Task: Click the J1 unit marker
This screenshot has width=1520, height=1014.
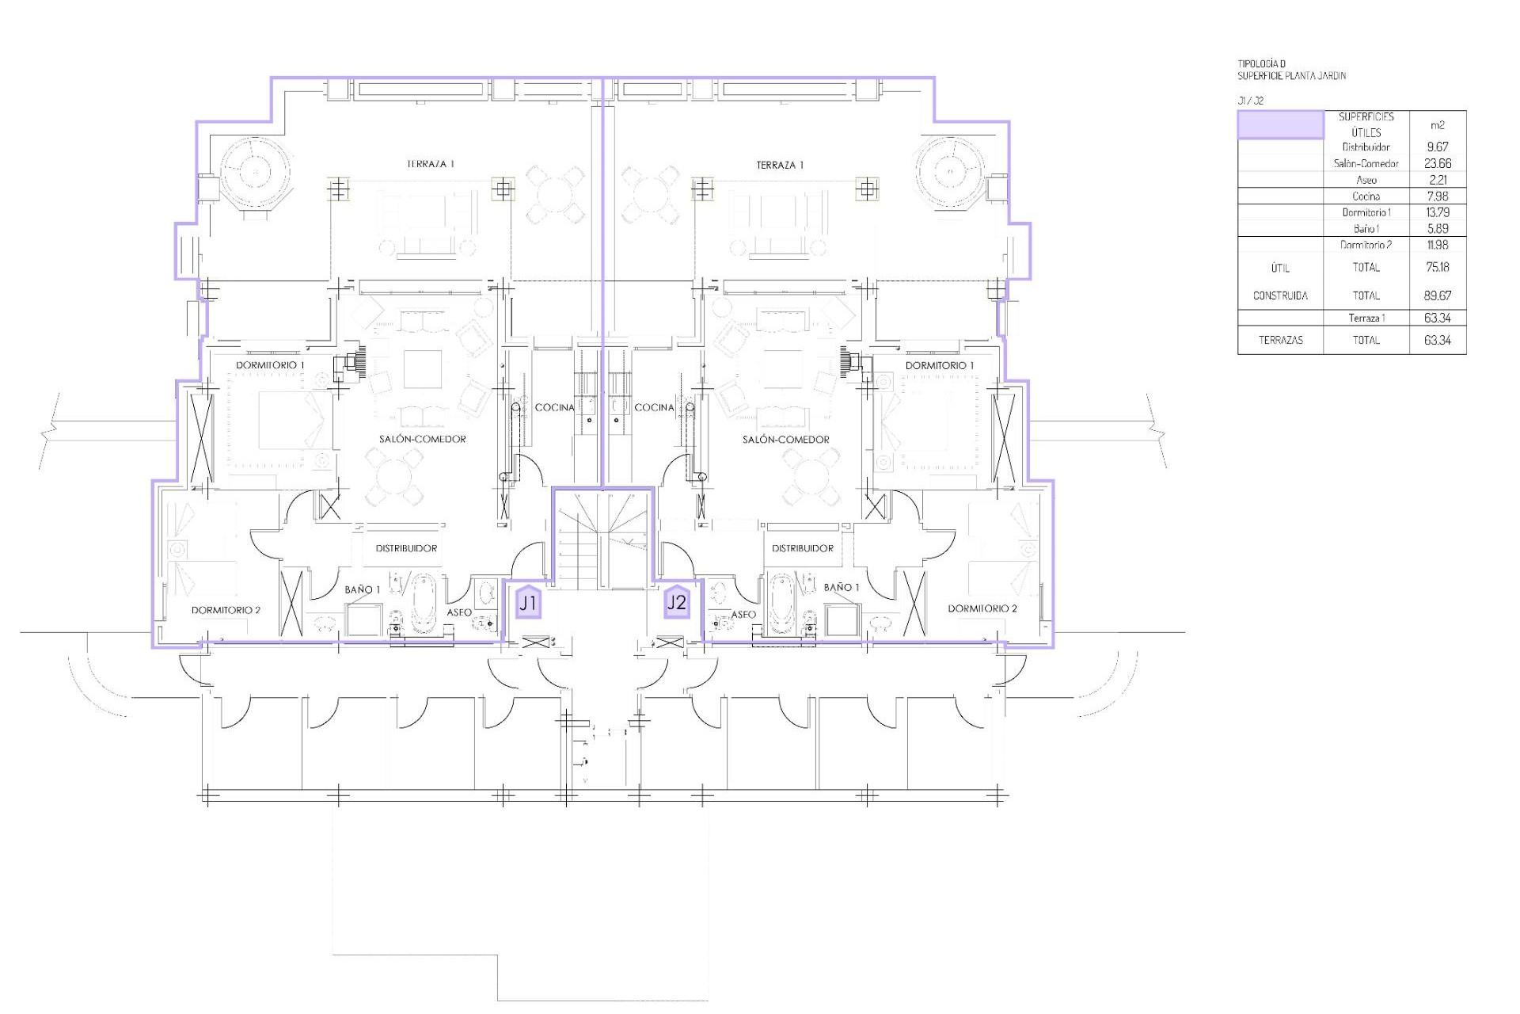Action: pos(528,603)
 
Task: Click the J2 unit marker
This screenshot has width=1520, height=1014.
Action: pos(677,602)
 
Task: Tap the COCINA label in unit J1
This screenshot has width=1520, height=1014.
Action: pos(554,407)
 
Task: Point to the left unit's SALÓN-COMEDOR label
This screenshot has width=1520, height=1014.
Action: pos(422,439)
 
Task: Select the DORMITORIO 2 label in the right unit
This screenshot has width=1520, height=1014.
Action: pos(982,608)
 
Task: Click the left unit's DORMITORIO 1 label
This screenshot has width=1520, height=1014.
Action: pos(270,365)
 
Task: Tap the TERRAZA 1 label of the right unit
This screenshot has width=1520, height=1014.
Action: pos(780,165)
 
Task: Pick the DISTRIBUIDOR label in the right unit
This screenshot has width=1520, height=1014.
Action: pos(803,548)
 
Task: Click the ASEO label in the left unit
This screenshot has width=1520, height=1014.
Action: pos(459,612)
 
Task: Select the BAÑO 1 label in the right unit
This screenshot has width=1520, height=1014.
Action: pos(841,588)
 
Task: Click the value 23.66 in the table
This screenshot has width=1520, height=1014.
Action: pos(1438,164)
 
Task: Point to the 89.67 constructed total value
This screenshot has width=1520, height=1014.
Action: pos(1438,295)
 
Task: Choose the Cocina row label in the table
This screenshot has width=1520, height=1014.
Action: pos(1366,196)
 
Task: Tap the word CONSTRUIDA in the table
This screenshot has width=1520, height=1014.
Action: pos(1280,295)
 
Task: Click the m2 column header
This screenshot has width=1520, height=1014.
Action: pos(1438,125)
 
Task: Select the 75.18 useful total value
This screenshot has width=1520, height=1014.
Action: pos(1438,267)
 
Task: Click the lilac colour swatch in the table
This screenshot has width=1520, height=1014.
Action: pos(1280,125)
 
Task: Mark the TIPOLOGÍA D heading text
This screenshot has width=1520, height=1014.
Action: pos(1262,64)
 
